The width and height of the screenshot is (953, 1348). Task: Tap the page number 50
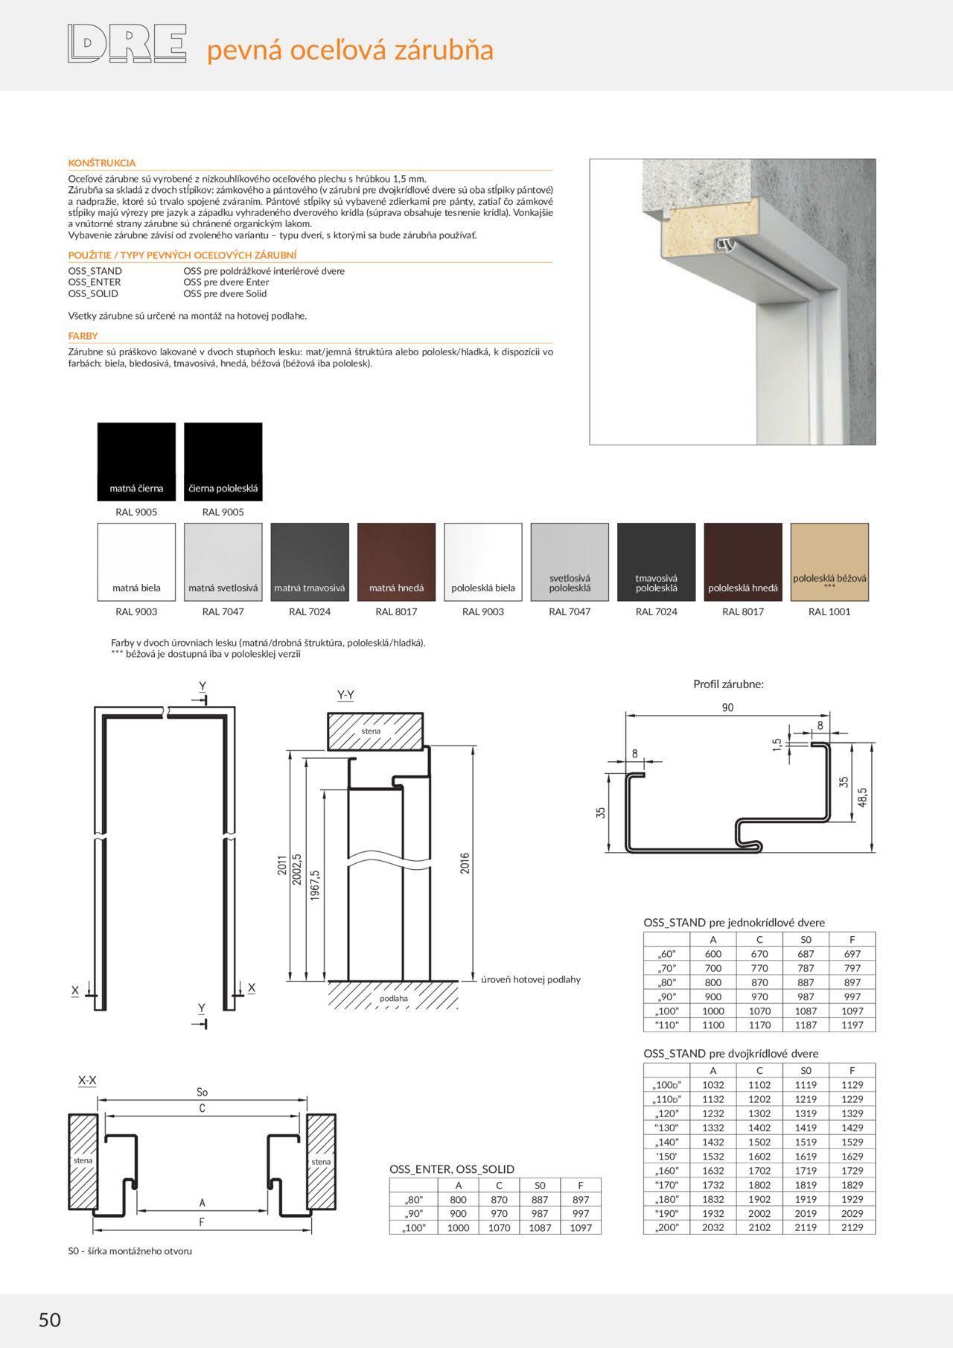50,1319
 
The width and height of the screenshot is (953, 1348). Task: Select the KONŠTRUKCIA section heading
102,162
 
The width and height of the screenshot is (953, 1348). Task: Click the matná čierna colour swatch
136,461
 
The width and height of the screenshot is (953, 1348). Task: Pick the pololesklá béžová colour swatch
829,562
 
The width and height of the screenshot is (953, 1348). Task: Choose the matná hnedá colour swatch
396,562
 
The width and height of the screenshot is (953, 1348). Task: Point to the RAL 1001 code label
829,611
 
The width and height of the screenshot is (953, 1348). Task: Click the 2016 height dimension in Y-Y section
465,863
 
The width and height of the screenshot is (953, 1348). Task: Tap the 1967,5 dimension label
315,886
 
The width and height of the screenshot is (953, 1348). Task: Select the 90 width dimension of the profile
727,708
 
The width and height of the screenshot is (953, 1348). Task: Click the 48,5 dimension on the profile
862,797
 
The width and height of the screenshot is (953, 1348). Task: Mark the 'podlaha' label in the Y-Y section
394,998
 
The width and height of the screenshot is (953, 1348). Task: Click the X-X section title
87,1080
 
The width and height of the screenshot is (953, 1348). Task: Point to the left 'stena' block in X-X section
83,1160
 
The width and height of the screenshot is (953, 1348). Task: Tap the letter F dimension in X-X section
202,1221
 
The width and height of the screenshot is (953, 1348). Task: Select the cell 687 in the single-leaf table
806,954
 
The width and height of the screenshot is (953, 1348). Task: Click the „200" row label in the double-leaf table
667,1227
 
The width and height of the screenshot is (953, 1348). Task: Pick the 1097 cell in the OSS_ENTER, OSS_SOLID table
581,1227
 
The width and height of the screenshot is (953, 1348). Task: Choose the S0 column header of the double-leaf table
806,1070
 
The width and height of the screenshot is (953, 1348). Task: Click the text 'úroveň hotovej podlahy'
530,979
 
